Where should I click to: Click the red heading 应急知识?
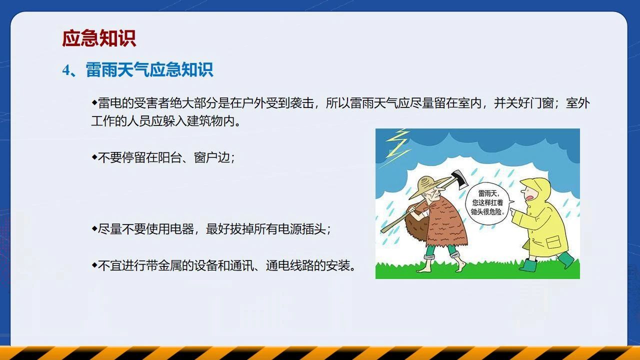(x=99, y=38)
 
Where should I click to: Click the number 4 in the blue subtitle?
(x=66, y=70)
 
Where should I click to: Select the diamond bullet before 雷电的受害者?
(x=94, y=102)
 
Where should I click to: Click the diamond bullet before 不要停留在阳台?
(x=94, y=157)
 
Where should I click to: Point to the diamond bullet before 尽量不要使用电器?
(x=94, y=228)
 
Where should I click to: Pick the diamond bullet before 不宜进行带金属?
(x=94, y=265)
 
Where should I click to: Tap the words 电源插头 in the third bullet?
(x=301, y=229)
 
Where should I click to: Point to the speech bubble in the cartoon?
(x=488, y=203)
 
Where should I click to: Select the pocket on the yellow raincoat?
(x=553, y=243)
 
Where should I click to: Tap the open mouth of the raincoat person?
(x=531, y=197)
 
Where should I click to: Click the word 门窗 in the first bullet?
(x=541, y=103)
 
